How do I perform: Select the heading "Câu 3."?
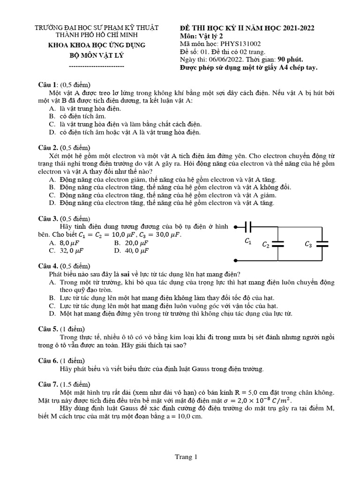48,218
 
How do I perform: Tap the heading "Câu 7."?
48,384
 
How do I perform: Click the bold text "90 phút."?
290,60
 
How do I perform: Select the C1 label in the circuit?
248,241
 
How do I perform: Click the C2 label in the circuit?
265,245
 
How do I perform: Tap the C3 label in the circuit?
308,244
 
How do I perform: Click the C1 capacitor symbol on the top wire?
248,227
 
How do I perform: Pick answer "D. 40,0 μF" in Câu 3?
131,250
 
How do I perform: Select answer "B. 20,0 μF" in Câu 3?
131,243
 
